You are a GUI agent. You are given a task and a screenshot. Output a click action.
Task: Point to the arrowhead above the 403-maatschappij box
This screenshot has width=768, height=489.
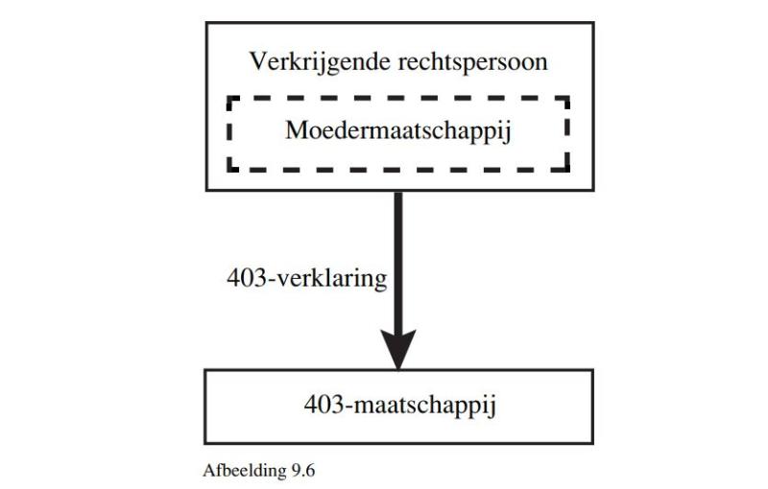click(398, 349)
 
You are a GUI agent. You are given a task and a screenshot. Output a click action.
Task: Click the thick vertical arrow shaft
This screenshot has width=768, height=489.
click(398, 262)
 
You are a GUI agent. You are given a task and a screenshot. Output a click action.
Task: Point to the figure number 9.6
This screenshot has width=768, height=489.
click(302, 471)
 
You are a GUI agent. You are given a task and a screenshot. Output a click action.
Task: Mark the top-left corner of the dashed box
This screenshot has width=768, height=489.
click(229, 99)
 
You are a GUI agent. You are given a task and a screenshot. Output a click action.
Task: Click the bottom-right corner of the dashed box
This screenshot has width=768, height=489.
click(567, 170)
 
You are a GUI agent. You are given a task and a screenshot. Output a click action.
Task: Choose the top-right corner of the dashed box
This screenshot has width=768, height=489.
click(567, 99)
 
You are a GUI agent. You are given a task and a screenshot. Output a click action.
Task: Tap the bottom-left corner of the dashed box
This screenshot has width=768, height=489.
click(229, 170)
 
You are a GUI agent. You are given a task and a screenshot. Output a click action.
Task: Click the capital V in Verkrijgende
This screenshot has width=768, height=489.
click(258, 62)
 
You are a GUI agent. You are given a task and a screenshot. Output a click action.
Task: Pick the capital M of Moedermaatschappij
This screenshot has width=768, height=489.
click(298, 130)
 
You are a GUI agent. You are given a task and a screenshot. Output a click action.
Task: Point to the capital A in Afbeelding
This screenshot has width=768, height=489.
click(209, 471)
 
